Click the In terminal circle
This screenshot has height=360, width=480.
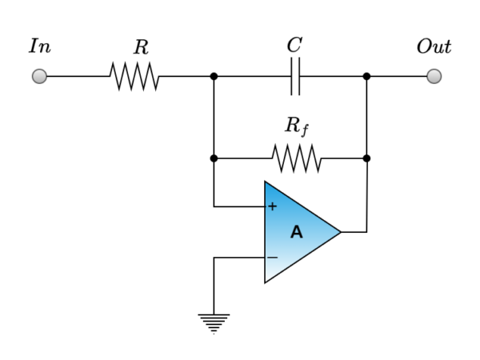[38, 76]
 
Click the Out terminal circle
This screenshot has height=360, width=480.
[434, 76]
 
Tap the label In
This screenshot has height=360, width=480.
[39, 46]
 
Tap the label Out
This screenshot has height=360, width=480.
[434, 46]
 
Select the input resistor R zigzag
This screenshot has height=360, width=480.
[134, 77]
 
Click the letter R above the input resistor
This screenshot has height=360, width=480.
[141, 48]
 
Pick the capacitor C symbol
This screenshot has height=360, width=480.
[295, 77]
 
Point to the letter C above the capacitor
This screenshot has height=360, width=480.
[294, 46]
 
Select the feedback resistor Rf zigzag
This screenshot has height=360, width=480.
[297, 158]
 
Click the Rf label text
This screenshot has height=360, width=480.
[296, 126]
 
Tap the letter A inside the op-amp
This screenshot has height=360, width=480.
[296, 233]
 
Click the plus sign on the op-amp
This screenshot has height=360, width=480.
[272, 206]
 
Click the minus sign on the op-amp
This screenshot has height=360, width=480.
[272, 258]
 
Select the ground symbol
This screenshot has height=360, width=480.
[214, 322]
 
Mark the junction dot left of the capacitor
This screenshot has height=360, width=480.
[214, 77]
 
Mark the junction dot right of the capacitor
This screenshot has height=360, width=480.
[366, 77]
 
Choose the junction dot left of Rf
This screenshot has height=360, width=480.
[214, 158]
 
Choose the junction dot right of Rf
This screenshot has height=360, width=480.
[366, 158]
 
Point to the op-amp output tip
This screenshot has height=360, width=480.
[341, 232]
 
